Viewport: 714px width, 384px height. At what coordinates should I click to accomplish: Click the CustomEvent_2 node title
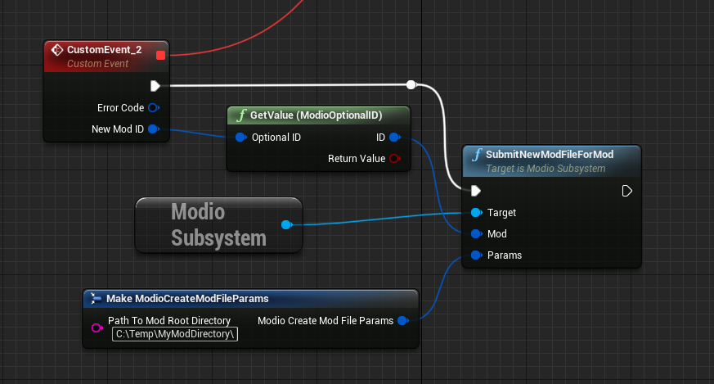(104, 50)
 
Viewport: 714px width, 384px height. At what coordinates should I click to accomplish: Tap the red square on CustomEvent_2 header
(160, 55)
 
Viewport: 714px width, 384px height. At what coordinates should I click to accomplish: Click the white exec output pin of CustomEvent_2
(155, 85)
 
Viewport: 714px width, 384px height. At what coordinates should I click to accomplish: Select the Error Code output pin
(153, 107)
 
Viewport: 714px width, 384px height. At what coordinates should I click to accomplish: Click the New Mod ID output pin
(153, 129)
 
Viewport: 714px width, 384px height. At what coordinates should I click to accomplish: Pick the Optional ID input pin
(240, 137)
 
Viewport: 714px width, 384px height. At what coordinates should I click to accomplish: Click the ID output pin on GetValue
(395, 137)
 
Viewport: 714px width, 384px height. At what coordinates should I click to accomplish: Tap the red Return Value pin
(395, 158)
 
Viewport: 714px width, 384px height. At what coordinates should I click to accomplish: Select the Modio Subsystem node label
(218, 224)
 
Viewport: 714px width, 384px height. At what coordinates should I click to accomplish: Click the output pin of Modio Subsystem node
(285, 224)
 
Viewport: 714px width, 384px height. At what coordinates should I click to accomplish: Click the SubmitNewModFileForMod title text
(549, 154)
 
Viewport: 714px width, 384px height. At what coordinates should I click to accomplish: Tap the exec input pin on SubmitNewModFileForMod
(476, 191)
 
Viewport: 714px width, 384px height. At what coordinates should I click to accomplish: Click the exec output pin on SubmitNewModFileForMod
(626, 191)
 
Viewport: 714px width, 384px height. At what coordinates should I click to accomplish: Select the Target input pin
(476, 212)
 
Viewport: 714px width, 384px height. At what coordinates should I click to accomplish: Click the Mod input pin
(476, 233)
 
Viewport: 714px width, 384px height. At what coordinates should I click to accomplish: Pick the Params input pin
(476, 255)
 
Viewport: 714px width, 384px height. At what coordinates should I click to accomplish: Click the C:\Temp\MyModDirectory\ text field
(175, 334)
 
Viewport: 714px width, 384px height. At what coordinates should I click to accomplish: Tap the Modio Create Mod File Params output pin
(402, 320)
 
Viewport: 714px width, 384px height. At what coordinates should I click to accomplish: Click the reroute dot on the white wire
(411, 84)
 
